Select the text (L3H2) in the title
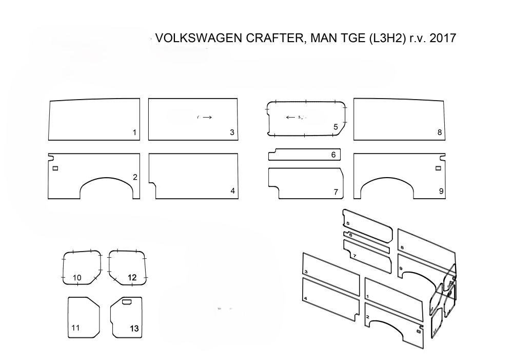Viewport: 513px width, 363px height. pyautogui.click(x=382, y=39)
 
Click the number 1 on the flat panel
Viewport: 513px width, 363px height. pyautogui.click(x=134, y=132)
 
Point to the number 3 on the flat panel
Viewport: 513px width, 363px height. pyautogui.click(x=232, y=132)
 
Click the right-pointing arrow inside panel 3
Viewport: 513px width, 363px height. pyautogui.click(x=207, y=117)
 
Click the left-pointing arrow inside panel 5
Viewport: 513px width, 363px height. pyautogui.click(x=290, y=117)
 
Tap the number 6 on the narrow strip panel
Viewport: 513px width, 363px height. pyautogui.click(x=333, y=154)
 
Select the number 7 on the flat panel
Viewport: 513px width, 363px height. pyautogui.click(x=336, y=192)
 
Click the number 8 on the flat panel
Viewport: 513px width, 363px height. pyautogui.click(x=440, y=132)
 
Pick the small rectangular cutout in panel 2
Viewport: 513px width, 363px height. pyautogui.click(x=55, y=168)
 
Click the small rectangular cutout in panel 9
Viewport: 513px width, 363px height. pyautogui.click(x=439, y=168)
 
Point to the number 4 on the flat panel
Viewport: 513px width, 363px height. pyautogui.click(x=233, y=191)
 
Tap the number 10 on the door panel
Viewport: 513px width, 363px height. pyautogui.click(x=77, y=278)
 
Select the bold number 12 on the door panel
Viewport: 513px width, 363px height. pyautogui.click(x=132, y=278)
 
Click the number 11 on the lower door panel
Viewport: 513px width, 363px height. pyautogui.click(x=75, y=327)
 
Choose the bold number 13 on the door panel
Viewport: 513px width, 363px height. pyautogui.click(x=134, y=327)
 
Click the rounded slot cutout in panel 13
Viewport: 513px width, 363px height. pyautogui.click(x=127, y=301)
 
